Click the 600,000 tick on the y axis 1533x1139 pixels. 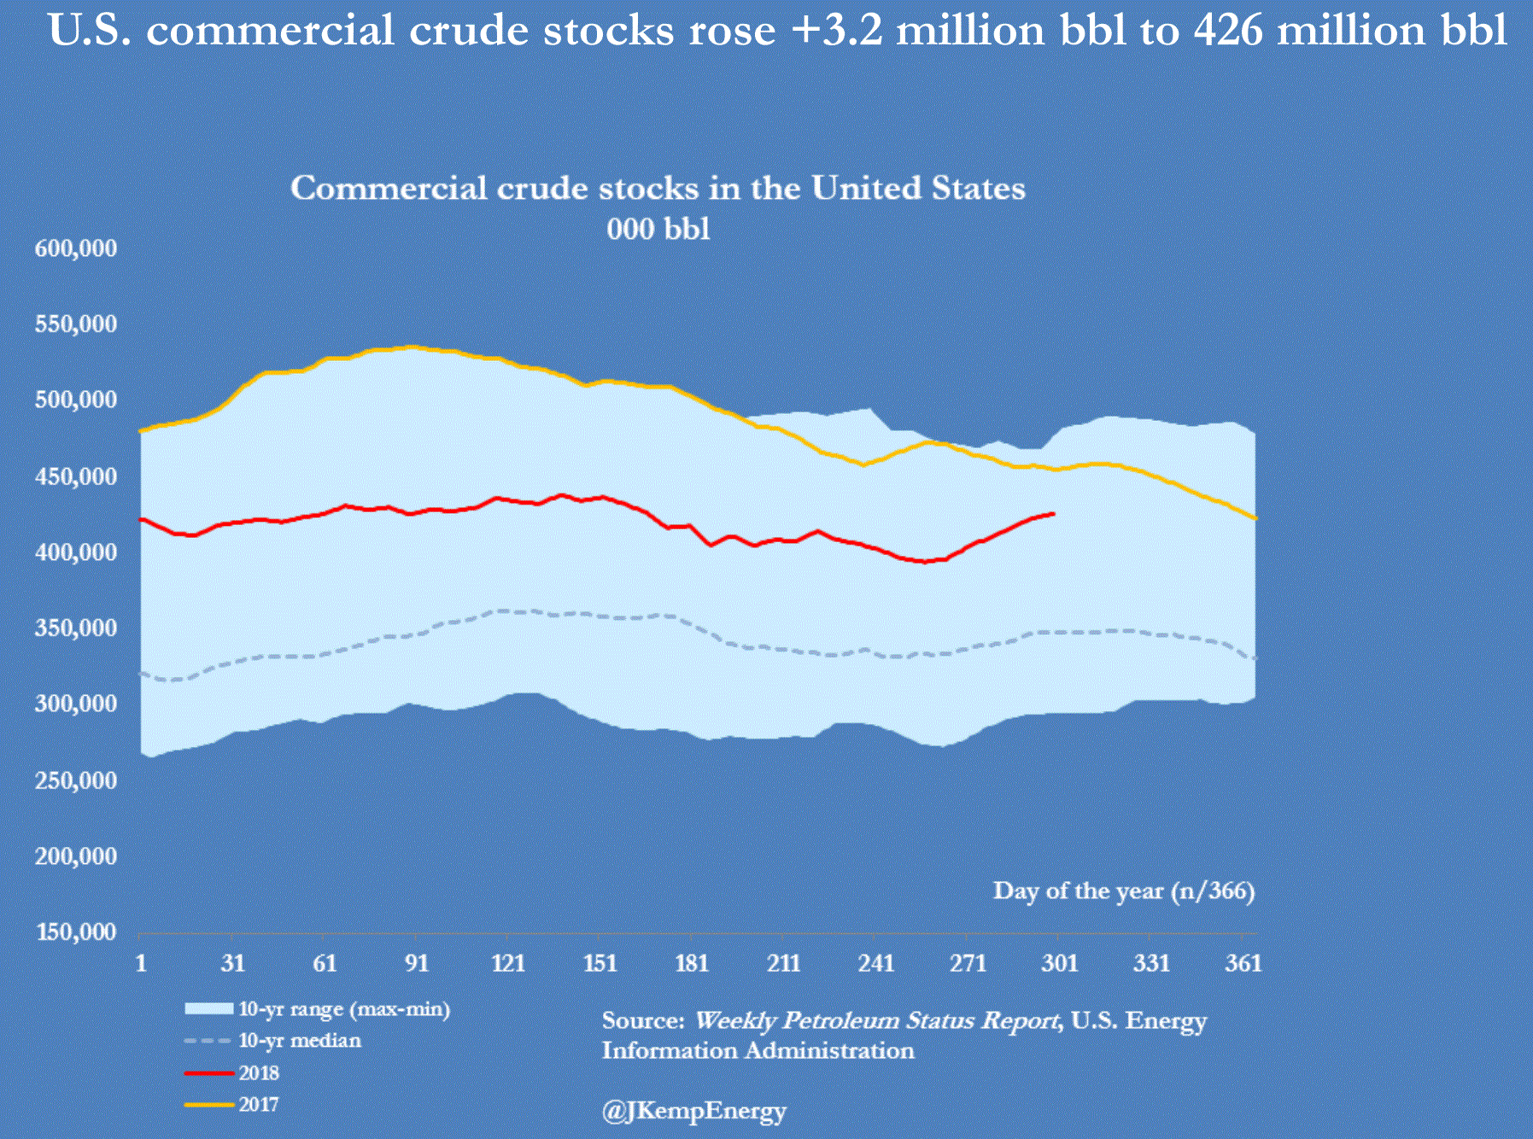pos(75,248)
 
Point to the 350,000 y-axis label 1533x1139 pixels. pos(75,628)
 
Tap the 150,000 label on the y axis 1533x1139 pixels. pos(75,932)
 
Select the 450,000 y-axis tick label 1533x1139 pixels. pos(75,476)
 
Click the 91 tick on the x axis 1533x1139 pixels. pos(416,963)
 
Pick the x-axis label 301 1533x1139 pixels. pos(1059,963)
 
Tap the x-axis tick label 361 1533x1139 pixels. pos(1243,963)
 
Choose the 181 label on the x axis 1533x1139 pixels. pos(692,963)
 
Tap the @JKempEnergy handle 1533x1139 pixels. pos(693,1111)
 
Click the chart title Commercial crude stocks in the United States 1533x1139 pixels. pos(658,188)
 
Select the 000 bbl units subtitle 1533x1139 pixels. pos(658,229)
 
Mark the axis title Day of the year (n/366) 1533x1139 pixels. pos(1123,891)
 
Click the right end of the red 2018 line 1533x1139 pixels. pos(1054,513)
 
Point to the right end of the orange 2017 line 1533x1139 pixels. pos(1255,518)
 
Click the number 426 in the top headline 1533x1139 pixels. pos(1227,31)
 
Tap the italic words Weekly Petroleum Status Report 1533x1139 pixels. pos(875,1021)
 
